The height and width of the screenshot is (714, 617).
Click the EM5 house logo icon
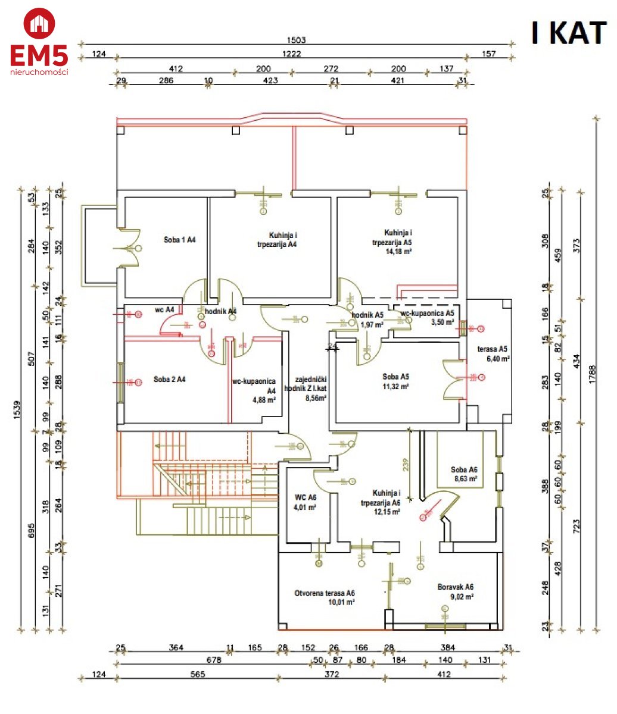pos(39,24)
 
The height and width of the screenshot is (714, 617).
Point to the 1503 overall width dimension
pos(296,40)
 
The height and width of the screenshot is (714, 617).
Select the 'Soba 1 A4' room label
pos(180,240)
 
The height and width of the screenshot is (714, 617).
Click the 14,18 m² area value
pos(399,252)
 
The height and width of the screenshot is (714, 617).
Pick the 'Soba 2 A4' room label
pos(169,379)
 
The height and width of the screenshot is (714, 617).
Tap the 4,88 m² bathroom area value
pos(263,400)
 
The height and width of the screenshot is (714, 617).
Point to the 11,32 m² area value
pos(395,386)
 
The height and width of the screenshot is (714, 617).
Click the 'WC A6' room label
pos(306,497)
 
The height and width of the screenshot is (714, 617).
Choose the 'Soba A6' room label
pos(465,469)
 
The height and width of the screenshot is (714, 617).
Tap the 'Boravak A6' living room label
pos(456,587)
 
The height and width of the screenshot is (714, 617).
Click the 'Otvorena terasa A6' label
pos(325,593)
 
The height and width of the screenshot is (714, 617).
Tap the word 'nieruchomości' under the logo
pos(39,72)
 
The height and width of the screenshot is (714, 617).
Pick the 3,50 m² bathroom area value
pos(443,322)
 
